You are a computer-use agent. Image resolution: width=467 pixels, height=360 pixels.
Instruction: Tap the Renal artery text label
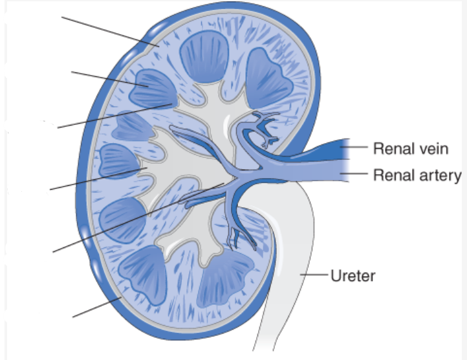coord(417,175)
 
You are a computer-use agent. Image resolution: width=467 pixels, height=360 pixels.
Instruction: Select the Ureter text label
coord(353,276)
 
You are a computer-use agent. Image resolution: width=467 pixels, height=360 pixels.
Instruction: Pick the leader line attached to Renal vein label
coord(356,147)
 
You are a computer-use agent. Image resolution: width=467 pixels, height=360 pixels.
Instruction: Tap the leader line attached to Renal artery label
coord(356,174)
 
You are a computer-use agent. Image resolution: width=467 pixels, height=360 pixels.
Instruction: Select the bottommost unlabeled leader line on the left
coord(97,308)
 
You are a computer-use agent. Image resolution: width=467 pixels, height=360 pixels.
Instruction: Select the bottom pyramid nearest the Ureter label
coord(226,278)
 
